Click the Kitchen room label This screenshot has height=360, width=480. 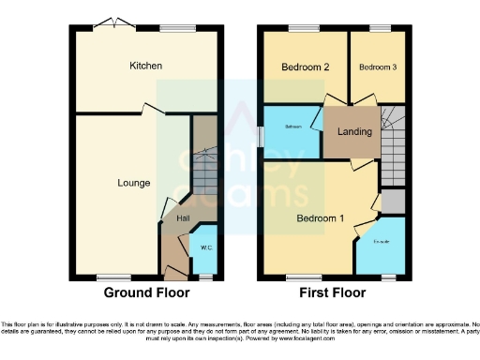coord(145,66)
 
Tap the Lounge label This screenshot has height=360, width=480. coord(133,183)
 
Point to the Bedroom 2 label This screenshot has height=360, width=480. coord(305,67)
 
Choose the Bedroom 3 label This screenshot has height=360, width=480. coord(376,67)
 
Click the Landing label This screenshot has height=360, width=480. coord(352,131)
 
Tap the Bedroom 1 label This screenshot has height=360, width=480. coord(321,219)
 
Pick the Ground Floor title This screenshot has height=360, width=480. coord(142,293)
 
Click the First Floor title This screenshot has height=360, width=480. coord(332,293)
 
